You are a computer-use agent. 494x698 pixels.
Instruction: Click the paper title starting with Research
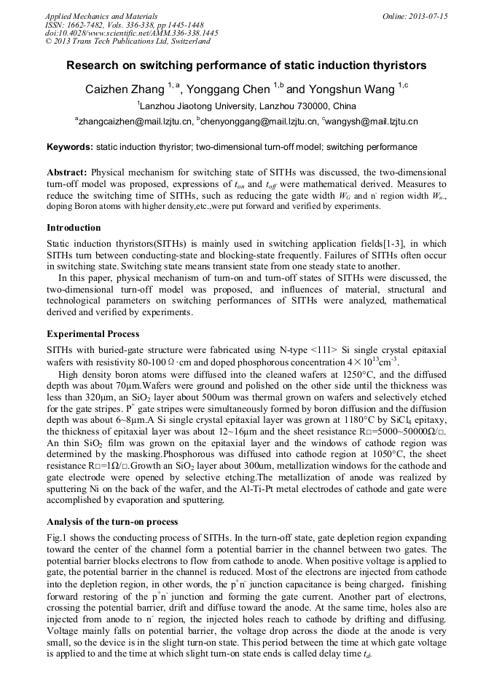pyautogui.click(x=246, y=66)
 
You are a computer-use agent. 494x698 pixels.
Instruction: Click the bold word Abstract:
pyautogui.click(x=67, y=173)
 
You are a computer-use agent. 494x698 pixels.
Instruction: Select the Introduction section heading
pyautogui.click(x=74, y=228)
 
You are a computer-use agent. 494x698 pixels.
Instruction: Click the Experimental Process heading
pyautogui.click(x=93, y=334)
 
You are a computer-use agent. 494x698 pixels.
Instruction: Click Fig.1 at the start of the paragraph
pyautogui.click(x=58, y=537)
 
